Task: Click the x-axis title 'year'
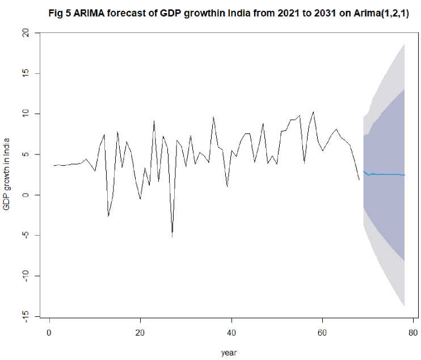[229, 353]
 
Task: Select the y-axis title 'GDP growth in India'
[7, 173]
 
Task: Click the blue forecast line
[386, 174]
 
